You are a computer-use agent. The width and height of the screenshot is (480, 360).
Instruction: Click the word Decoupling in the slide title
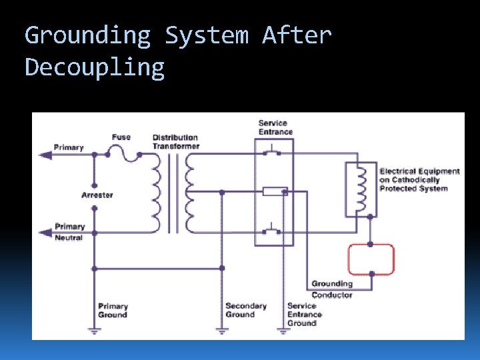(95, 67)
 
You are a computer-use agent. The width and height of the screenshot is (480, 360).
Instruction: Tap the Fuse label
(121, 137)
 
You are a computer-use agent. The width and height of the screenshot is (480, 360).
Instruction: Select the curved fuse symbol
(125, 153)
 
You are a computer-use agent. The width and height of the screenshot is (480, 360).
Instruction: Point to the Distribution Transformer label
(175, 141)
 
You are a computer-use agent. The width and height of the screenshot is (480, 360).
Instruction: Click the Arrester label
(97, 195)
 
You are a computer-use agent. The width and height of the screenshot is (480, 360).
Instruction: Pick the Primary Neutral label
(69, 232)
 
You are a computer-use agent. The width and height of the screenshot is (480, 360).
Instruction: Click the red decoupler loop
(371, 259)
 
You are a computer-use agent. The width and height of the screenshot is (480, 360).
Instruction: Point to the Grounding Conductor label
(331, 289)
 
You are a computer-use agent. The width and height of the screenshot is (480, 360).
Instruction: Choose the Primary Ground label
(113, 310)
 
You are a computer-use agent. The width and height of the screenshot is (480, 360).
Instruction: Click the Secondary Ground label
(245, 310)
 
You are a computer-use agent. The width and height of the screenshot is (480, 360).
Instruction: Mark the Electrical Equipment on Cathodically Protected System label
(419, 179)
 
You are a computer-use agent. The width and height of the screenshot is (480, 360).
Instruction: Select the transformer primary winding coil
(155, 193)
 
